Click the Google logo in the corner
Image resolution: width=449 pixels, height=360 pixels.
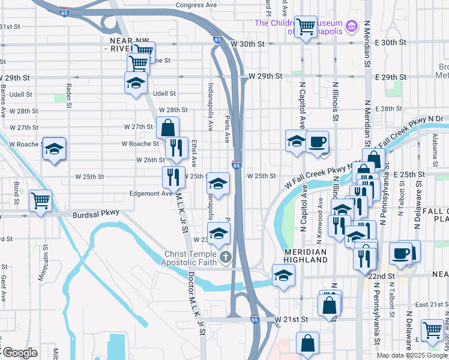19,353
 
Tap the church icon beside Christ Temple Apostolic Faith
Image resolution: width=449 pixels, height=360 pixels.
226,258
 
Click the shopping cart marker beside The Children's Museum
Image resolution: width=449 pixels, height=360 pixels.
306,26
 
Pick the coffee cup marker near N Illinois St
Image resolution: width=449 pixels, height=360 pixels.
317,142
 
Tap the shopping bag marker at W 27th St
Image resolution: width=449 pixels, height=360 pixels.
168,127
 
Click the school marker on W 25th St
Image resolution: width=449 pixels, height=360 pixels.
218,182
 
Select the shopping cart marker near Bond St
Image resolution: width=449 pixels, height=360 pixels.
41,200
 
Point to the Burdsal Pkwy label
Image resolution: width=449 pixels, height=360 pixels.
96,213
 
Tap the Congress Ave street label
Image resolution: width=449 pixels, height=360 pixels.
196,5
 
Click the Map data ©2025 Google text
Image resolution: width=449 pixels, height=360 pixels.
412,355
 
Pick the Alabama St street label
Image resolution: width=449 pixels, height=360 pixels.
433,149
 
